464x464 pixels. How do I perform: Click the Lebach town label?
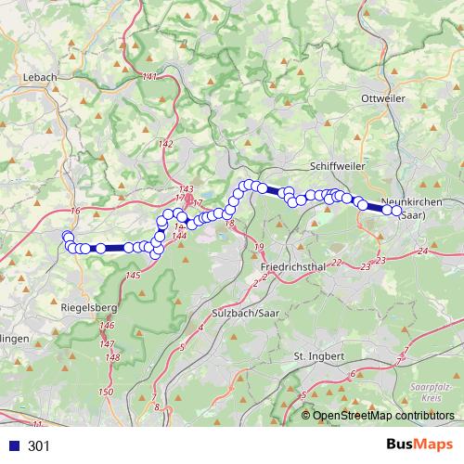point(41,76)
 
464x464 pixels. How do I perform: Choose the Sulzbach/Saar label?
point(245,312)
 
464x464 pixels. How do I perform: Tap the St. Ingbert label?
point(318,355)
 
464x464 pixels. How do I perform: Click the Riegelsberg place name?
point(86,306)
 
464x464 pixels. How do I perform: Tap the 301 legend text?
point(39,446)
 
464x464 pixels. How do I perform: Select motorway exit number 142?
point(166,143)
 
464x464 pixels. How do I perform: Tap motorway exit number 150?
point(105,393)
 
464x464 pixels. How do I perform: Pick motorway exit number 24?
point(423,251)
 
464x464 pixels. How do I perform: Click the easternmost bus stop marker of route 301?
point(396,213)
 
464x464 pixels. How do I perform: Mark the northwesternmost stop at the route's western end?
point(66,237)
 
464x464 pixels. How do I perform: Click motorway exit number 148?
point(112,357)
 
